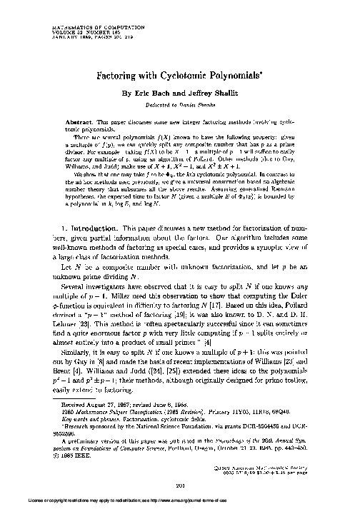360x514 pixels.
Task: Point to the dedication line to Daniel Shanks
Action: click(180, 105)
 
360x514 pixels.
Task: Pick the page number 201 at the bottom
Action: click(180, 487)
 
